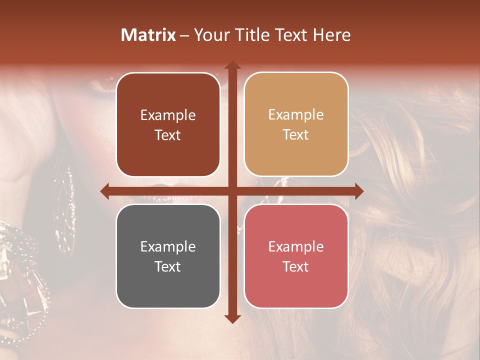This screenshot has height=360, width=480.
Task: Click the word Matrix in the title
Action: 148,35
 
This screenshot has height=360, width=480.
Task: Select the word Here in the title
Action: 332,35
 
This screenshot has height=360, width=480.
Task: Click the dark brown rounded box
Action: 168,125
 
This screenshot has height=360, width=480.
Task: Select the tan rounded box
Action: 296,124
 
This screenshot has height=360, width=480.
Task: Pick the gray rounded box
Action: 168,256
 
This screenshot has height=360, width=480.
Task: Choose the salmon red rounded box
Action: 296,256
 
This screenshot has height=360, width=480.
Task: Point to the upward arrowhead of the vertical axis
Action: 232,65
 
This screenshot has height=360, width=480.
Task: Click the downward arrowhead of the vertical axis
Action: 232,318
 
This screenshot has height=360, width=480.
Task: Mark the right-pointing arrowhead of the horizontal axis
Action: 358,191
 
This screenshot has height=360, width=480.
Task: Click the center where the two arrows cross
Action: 232,191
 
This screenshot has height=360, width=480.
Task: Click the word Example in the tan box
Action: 296,114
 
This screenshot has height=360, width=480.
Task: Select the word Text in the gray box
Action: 168,266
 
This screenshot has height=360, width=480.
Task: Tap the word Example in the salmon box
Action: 296,246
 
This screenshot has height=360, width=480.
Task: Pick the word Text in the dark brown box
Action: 168,135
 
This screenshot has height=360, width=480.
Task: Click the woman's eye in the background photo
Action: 102,82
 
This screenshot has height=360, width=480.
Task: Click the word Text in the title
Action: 291,35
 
